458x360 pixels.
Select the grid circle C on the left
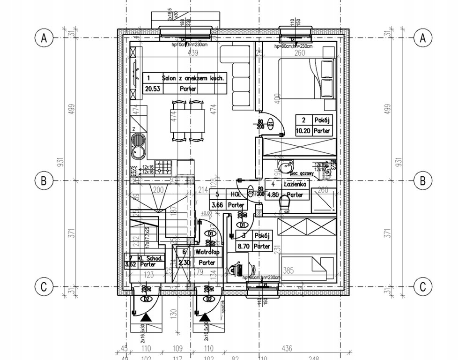click(44, 286)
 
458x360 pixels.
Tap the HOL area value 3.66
click(217, 205)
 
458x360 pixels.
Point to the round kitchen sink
click(139, 141)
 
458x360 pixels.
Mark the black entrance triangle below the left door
click(147, 318)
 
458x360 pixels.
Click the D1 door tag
click(211, 233)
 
